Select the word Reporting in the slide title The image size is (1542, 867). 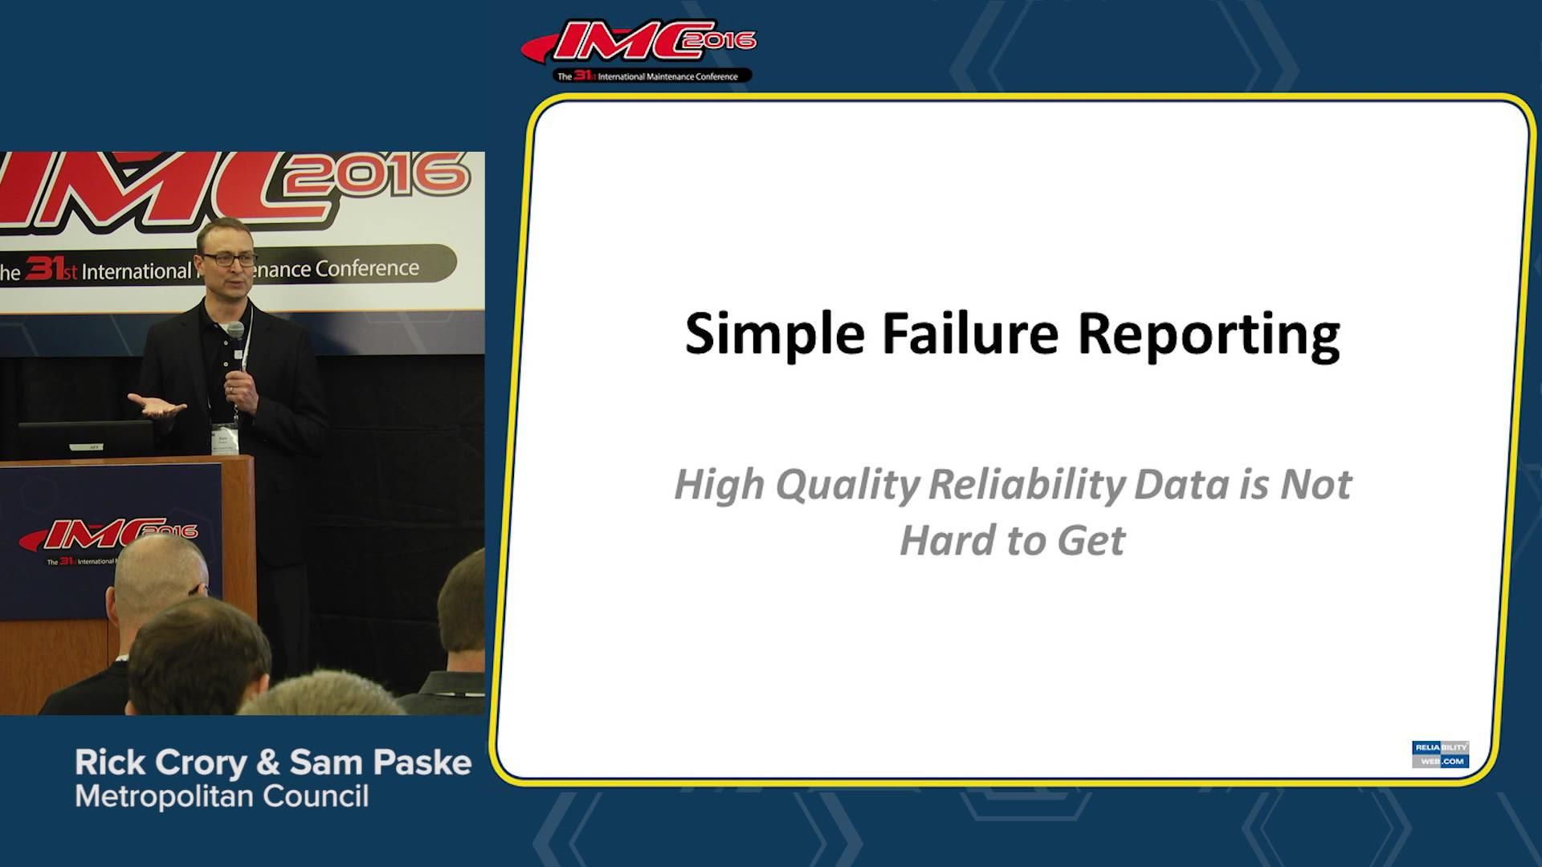[1208, 334]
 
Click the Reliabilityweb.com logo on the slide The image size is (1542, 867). [1440, 754]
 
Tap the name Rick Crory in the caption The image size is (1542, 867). [161, 763]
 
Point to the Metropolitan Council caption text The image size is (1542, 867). [222, 797]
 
